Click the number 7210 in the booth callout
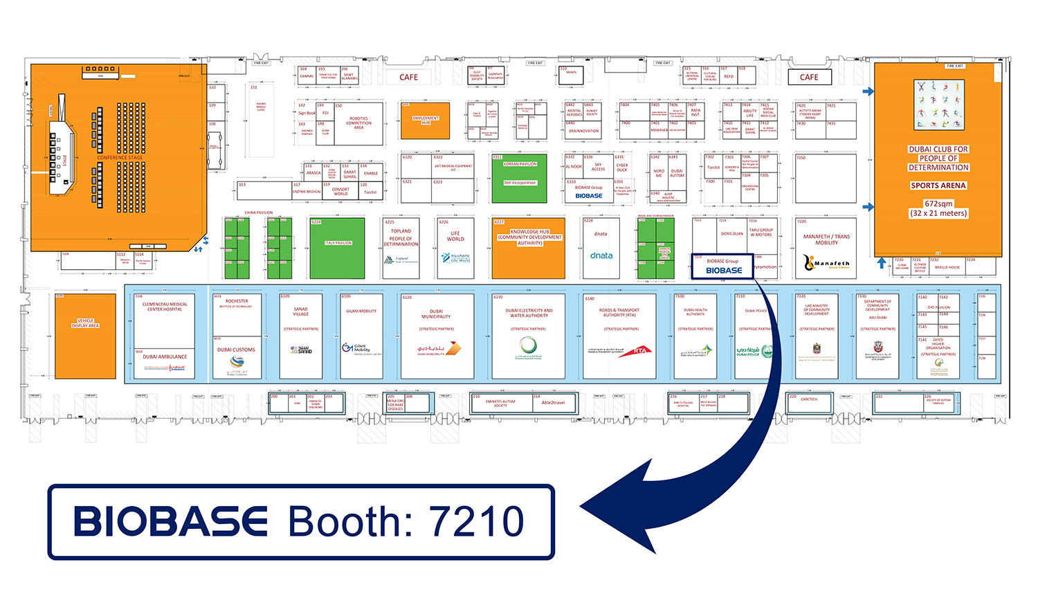click(x=477, y=521)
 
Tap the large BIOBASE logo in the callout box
click(x=171, y=521)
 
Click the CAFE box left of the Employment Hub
click(x=408, y=77)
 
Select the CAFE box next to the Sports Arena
click(x=809, y=77)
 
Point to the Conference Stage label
click(x=120, y=158)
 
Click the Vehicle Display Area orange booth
click(x=85, y=336)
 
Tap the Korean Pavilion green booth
click(x=520, y=178)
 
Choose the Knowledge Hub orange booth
click(x=529, y=248)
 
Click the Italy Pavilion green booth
click(x=338, y=248)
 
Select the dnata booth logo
click(x=601, y=255)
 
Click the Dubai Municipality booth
click(x=437, y=336)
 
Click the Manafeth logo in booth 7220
click(x=826, y=263)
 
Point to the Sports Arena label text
click(x=938, y=186)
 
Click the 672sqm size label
click(x=938, y=204)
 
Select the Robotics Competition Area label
click(x=358, y=123)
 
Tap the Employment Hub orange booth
click(x=425, y=120)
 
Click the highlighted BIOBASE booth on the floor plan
click(x=723, y=267)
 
